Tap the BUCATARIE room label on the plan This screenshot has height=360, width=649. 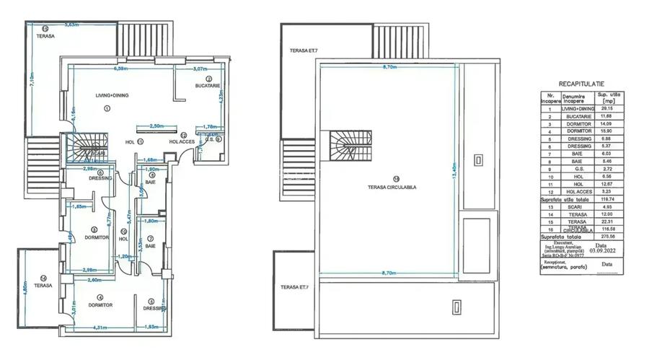click(208, 86)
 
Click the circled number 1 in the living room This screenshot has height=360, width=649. click(107, 108)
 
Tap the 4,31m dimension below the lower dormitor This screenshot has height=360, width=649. click(102, 328)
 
